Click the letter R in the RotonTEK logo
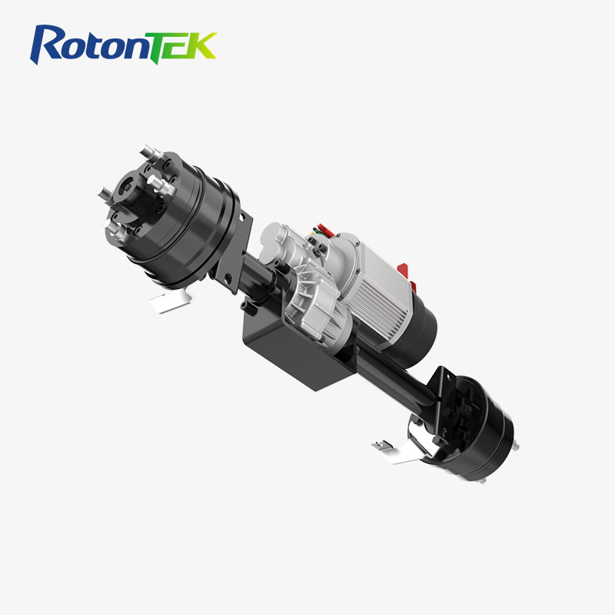pyautogui.click(x=48, y=44)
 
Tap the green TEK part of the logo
pyautogui.click(x=185, y=45)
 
